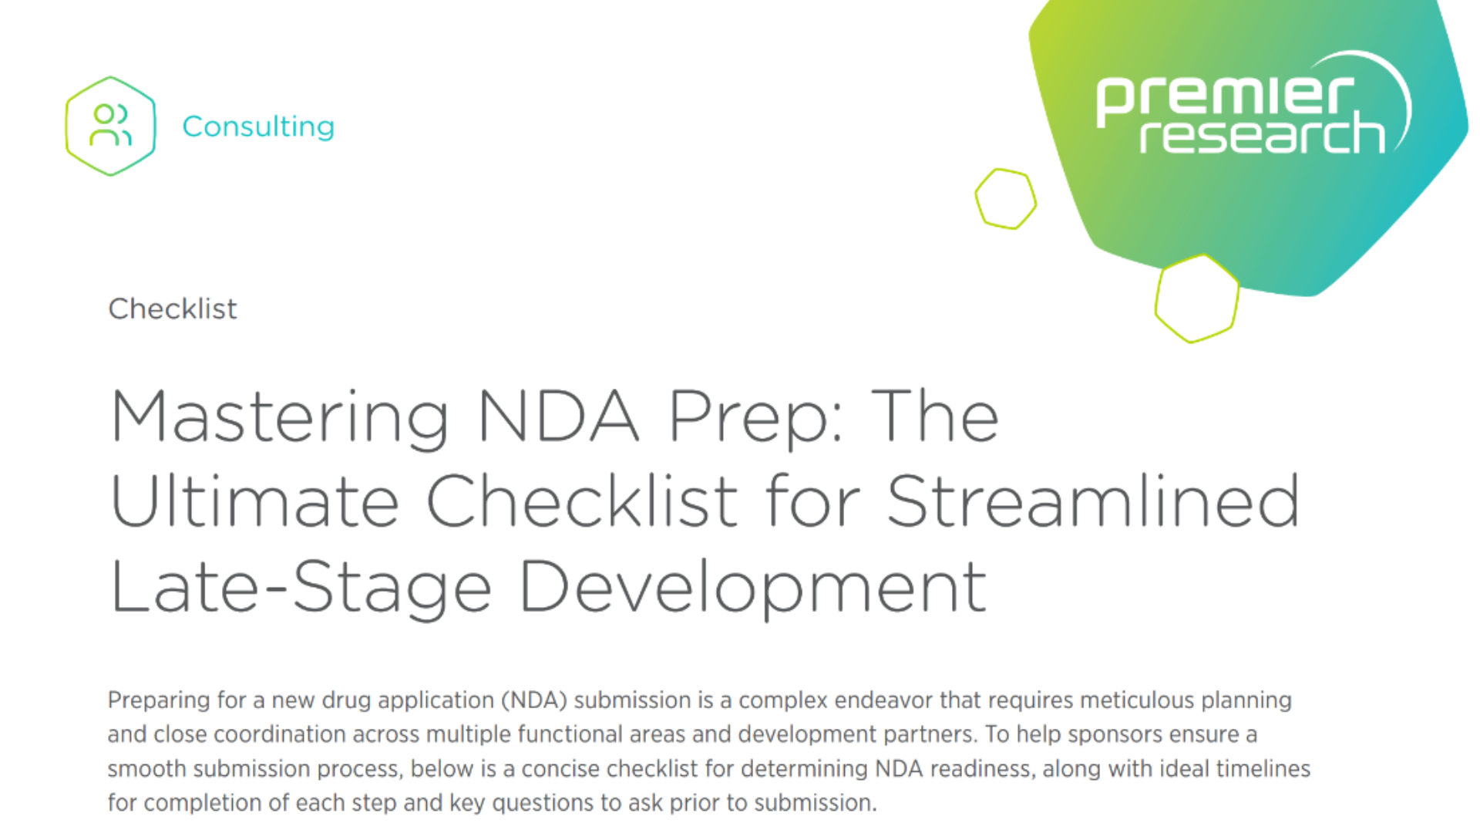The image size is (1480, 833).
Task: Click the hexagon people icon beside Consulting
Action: tap(110, 126)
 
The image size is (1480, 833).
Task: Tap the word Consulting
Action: tap(258, 126)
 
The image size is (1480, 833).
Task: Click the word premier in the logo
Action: tap(1225, 98)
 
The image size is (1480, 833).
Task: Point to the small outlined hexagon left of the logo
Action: tap(1006, 199)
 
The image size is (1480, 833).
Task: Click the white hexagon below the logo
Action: tap(1196, 298)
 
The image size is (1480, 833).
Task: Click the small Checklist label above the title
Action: tap(173, 309)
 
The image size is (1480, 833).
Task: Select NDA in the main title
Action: tap(558, 416)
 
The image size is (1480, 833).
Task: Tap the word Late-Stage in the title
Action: tap(301, 588)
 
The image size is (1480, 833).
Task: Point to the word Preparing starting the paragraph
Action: tap(159, 700)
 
